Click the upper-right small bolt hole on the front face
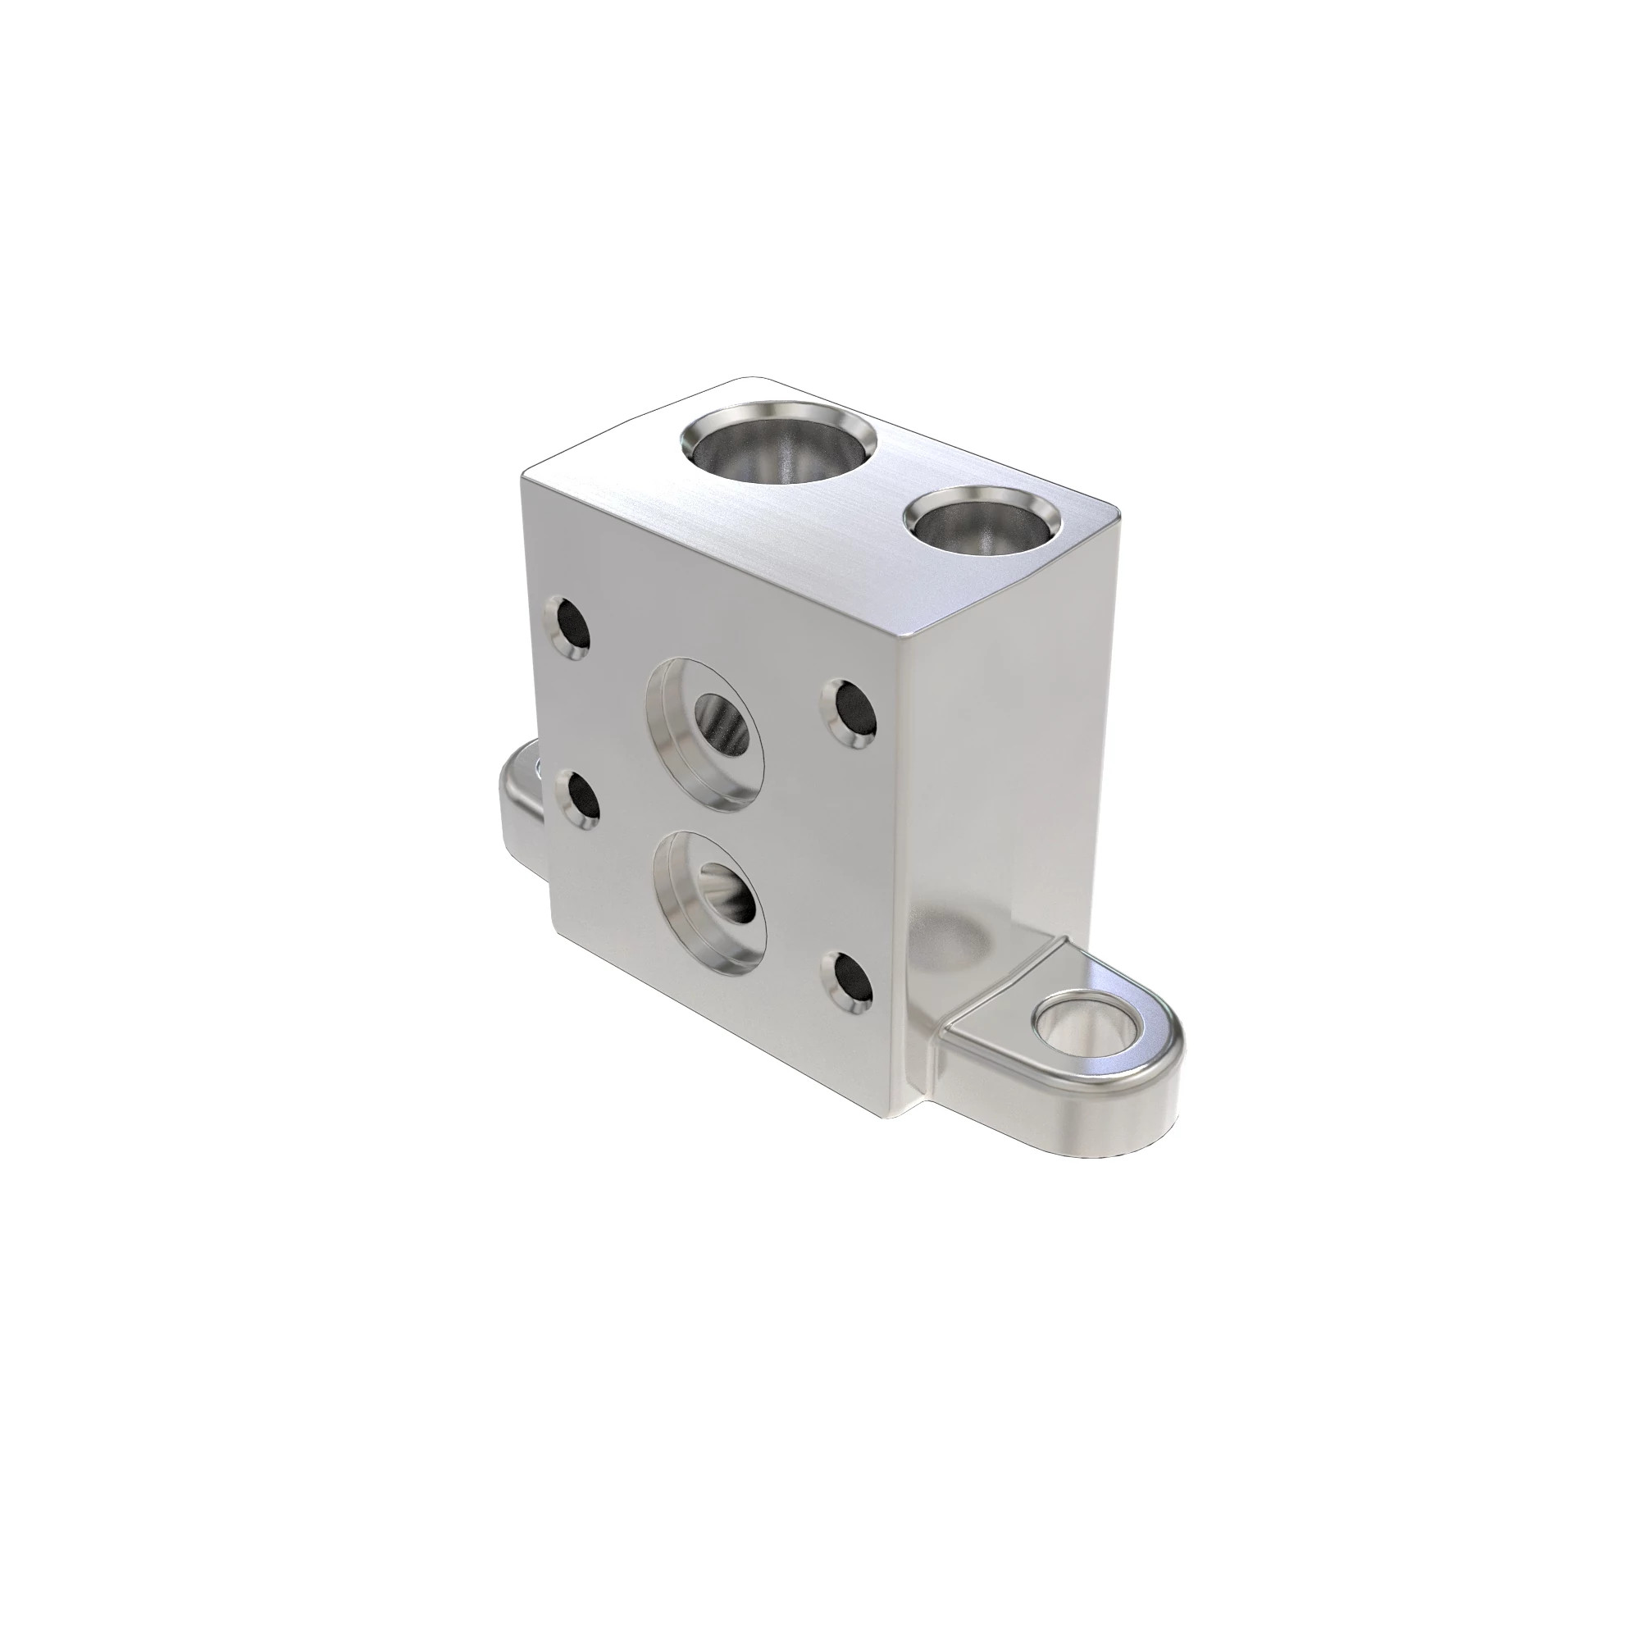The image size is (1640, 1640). click(x=848, y=714)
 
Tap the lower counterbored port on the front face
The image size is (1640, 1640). click(x=711, y=900)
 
